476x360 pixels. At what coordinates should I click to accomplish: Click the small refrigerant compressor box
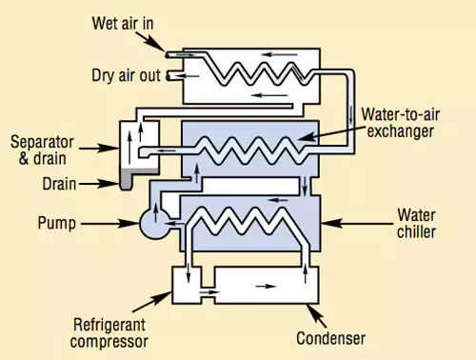click(189, 284)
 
